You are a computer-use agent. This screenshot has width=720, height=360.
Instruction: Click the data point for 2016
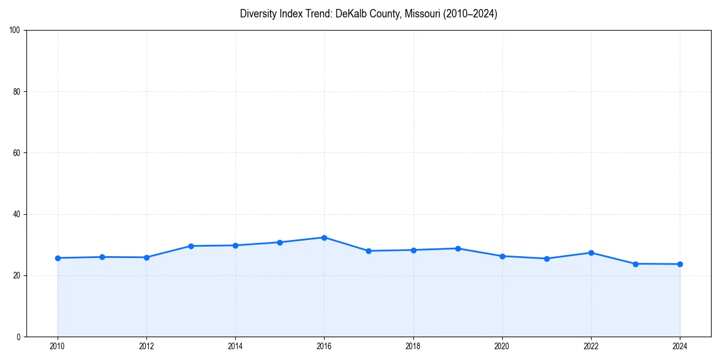click(324, 238)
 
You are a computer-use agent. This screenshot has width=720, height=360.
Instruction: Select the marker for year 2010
click(58, 258)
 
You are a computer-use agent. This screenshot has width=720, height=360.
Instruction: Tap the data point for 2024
click(680, 264)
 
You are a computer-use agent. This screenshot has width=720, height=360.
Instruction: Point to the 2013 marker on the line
click(191, 246)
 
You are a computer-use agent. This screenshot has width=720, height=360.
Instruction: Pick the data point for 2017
click(368, 251)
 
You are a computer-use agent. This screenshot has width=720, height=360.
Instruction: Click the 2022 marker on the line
click(591, 253)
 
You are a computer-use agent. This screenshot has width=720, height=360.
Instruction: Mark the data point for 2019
click(458, 248)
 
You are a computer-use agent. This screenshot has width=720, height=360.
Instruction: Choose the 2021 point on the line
click(547, 259)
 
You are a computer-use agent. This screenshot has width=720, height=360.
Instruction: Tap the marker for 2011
click(102, 257)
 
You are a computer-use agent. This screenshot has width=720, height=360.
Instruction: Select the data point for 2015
click(280, 242)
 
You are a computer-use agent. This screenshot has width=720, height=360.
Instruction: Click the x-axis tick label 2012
click(146, 346)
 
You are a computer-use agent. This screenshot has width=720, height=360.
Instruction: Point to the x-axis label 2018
click(413, 346)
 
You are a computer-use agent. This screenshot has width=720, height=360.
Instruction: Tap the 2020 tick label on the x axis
click(502, 346)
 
